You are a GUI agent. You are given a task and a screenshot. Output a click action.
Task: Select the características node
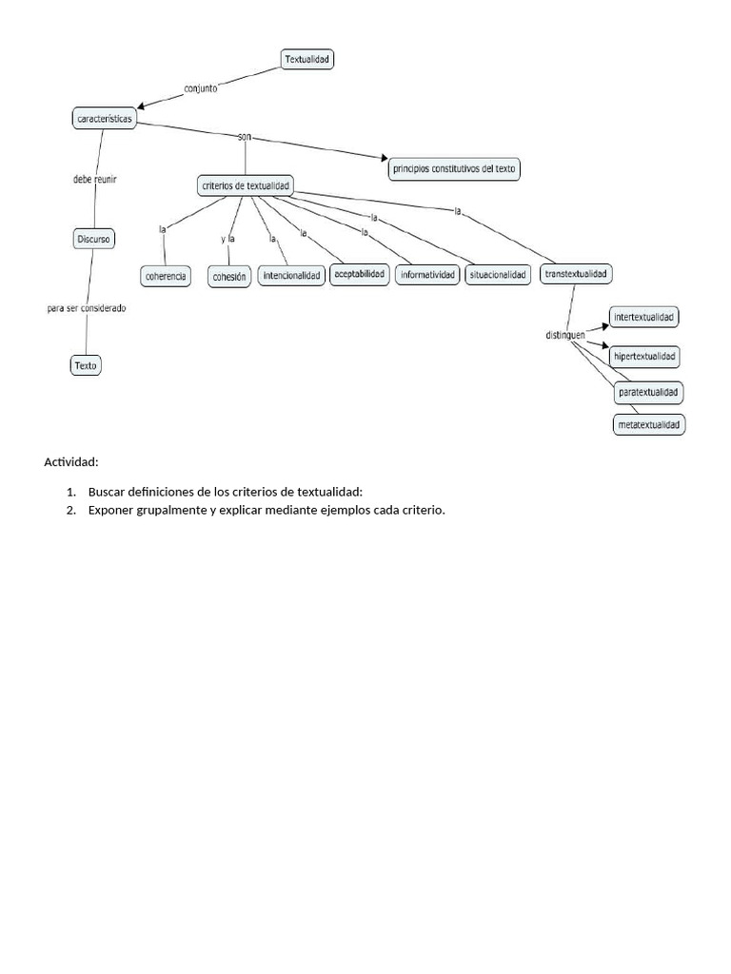104,119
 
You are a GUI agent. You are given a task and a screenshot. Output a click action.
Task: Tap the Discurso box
94,239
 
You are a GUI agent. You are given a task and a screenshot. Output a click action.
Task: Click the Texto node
86,364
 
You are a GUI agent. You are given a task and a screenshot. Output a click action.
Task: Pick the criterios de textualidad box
246,185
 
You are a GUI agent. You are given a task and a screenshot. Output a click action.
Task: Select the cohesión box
229,277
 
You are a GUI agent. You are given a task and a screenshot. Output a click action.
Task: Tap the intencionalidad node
292,277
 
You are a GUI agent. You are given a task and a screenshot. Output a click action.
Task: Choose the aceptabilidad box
360,275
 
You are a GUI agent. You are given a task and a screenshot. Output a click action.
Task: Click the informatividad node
428,276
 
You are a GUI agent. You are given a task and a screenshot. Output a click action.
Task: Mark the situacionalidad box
497,275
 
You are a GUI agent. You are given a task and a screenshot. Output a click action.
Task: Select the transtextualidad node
576,274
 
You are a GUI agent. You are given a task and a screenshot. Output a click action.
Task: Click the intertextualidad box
645,317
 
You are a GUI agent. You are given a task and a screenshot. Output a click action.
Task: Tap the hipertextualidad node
645,357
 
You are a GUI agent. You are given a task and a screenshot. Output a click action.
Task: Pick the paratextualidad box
650,391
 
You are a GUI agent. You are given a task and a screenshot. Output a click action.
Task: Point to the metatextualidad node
650,425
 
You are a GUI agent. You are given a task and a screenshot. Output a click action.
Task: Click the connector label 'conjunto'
200,88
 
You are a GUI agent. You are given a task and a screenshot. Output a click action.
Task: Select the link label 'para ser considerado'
87,308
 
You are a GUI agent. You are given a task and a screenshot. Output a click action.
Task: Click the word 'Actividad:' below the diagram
71,462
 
